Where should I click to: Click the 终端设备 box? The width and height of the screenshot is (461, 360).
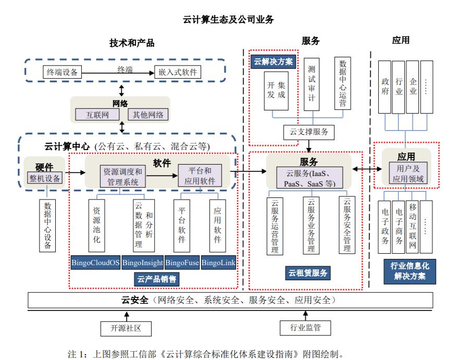pyautogui.click(x=62, y=72)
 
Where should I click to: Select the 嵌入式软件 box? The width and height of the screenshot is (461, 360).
pyautogui.click(x=178, y=72)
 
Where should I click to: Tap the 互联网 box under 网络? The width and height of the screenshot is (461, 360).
pyautogui.click(x=97, y=115)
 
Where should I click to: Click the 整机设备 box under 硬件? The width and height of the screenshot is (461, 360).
pyautogui.click(x=45, y=179)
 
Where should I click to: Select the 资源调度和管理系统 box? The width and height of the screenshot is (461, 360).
pyautogui.click(x=122, y=177)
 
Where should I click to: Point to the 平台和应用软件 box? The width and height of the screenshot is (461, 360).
pyautogui.click(x=200, y=177)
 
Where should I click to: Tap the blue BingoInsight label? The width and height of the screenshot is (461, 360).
pyautogui.click(x=142, y=263)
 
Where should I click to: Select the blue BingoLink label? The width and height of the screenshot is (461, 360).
pyautogui.click(x=218, y=263)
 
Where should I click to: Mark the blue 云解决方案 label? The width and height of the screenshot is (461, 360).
pyautogui.click(x=273, y=61)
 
